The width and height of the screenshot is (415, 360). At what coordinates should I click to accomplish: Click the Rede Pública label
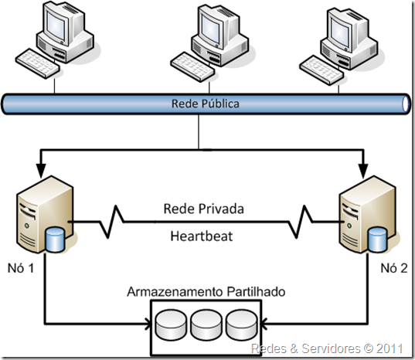205,103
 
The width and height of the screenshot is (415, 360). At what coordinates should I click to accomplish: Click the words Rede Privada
204,209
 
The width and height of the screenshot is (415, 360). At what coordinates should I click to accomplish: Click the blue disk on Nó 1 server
56,239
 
